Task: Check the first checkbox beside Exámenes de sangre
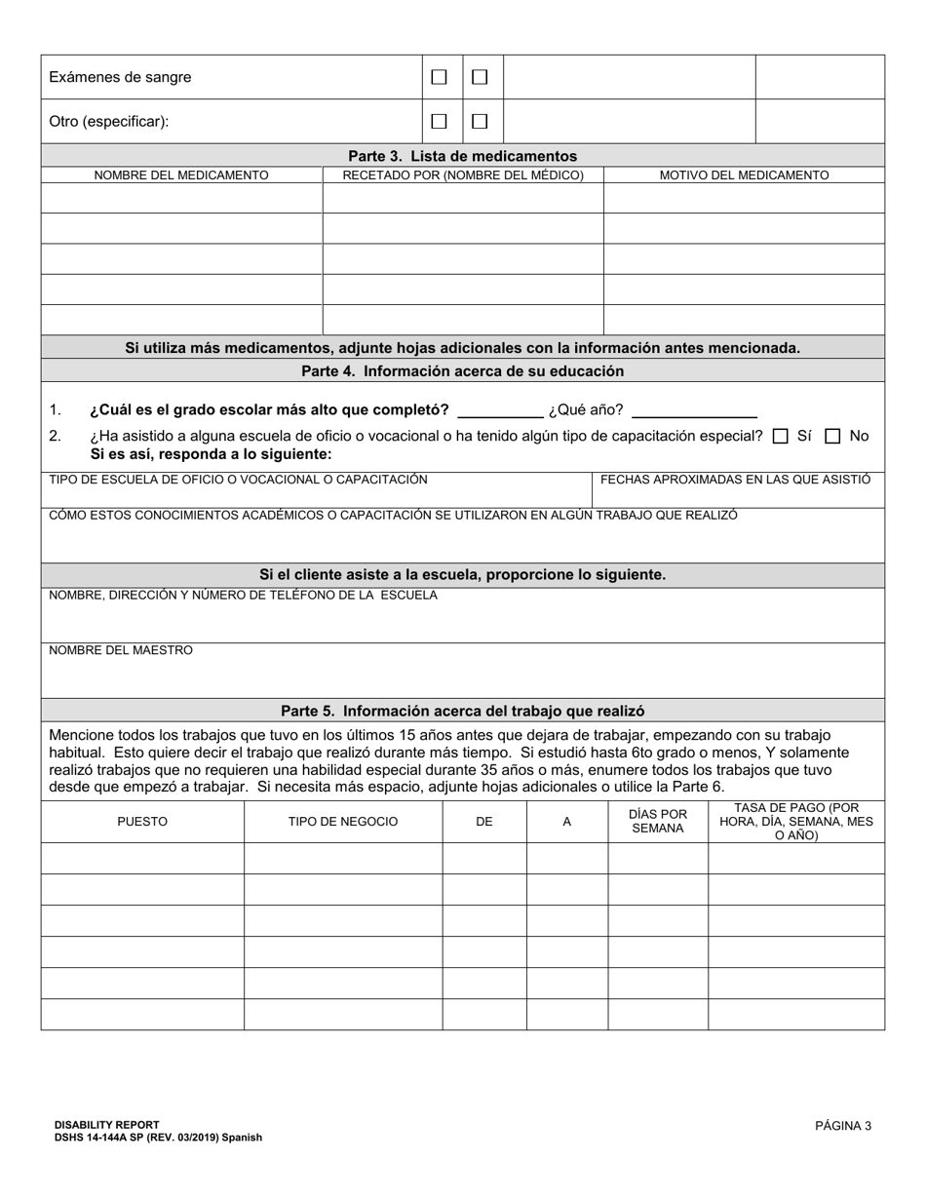(440, 77)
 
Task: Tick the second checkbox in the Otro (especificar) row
(480, 122)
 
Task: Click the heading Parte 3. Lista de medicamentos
(462, 156)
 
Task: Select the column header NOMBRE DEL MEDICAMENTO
(181, 175)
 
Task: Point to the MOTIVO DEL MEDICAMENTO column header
(744, 175)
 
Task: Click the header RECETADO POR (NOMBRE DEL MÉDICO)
(463, 175)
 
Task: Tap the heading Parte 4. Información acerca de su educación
(462, 371)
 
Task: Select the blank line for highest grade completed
(499, 409)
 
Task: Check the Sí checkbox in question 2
(780, 437)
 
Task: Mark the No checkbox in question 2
(832, 437)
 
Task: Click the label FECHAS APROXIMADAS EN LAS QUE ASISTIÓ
(735, 480)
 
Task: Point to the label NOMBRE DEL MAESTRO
(121, 650)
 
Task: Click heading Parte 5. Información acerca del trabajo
(462, 712)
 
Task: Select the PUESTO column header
(142, 822)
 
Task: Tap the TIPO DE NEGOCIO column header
(343, 822)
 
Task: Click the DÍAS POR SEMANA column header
(658, 822)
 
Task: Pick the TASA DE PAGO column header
(795, 822)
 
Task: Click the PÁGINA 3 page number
(843, 1126)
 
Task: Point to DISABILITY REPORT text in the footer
(107, 1125)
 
